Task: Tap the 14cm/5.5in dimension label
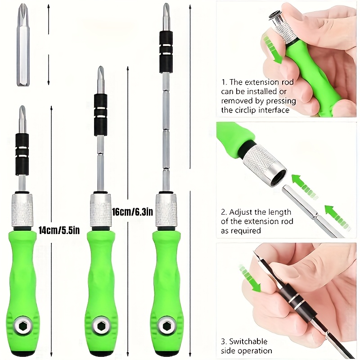[x=59, y=230]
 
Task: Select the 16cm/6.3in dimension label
[x=133, y=211]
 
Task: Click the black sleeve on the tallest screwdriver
[x=166, y=52]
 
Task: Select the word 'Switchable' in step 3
[x=249, y=342]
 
